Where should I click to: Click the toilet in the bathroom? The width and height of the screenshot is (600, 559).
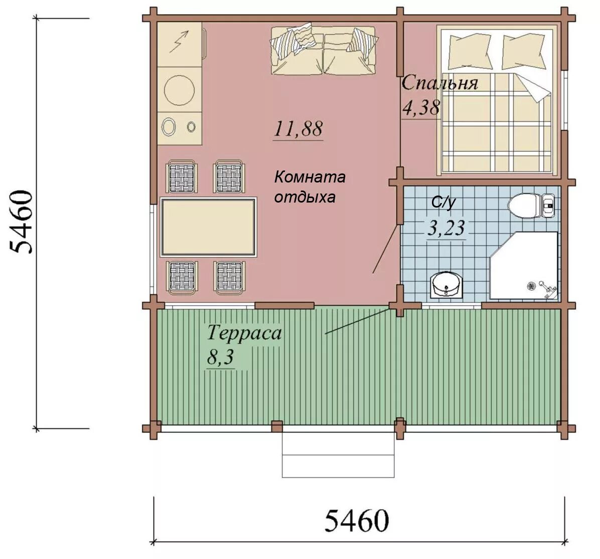[531, 206]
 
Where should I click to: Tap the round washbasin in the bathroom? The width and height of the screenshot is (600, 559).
[446, 285]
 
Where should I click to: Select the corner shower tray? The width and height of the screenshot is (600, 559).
[523, 265]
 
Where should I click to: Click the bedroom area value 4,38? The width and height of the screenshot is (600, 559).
[421, 108]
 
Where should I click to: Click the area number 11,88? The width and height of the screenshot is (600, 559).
[298, 129]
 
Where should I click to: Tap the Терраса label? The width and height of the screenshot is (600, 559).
[244, 333]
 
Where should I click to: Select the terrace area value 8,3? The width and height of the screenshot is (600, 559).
[220, 358]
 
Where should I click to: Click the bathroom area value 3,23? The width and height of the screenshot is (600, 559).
[446, 229]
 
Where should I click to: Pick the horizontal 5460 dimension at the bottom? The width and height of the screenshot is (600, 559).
[357, 520]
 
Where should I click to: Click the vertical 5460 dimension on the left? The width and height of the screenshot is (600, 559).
[21, 222]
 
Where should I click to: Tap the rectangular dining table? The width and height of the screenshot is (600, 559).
[208, 227]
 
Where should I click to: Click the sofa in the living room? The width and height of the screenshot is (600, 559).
[324, 50]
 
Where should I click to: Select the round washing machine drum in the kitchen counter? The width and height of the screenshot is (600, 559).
[179, 90]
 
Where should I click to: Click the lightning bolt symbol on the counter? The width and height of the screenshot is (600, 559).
[179, 41]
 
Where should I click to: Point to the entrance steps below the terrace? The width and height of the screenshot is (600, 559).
[338, 455]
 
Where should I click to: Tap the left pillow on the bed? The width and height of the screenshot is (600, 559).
[470, 51]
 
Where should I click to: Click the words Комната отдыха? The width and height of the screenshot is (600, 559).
[310, 187]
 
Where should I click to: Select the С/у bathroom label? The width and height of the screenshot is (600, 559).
[443, 202]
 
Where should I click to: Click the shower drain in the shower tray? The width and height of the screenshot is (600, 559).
[531, 285]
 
